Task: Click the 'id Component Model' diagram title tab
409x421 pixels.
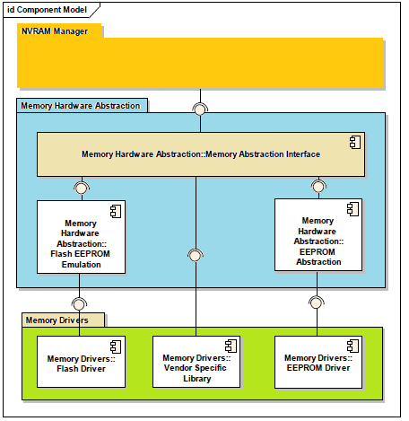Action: click(x=49, y=9)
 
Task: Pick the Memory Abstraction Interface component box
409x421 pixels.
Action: click(x=201, y=153)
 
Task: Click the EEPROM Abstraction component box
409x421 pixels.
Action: click(x=318, y=233)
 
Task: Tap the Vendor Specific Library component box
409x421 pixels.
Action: click(x=196, y=361)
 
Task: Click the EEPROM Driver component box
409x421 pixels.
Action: click(x=318, y=361)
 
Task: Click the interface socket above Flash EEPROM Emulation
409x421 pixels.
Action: click(x=82, y=188)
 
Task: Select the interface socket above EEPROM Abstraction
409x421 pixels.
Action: click(x=318, y=186)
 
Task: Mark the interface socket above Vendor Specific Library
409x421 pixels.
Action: click(x=196, y=256)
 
